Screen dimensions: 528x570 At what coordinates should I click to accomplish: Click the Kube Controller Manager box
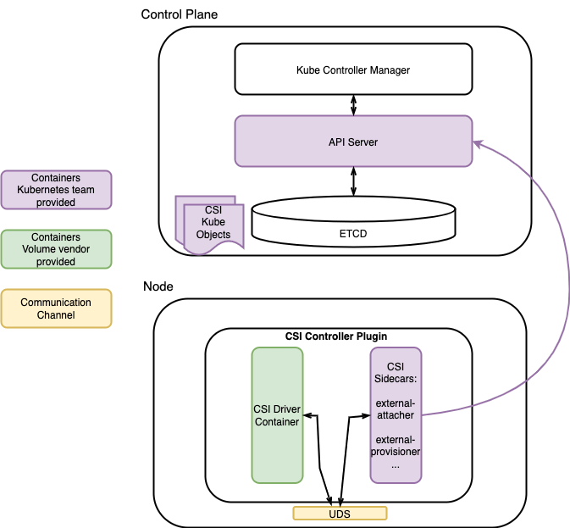[x=353, y=69]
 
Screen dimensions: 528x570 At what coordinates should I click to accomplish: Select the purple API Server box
[x=353, y=142]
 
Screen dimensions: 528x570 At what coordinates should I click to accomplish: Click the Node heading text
[x=158, y=286]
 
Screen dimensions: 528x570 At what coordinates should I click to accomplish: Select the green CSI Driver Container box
[x=277, y=415]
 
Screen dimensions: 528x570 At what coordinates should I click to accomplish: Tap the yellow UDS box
[x=340, y=514]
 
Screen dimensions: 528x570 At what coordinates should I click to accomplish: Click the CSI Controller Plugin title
[x=336, y=336]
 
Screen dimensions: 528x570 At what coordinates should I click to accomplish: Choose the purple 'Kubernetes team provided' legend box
[x=56, y=191]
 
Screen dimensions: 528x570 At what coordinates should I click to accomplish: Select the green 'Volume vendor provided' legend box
[x=56, y=250]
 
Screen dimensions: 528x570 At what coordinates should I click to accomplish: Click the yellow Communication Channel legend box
[x=56, y=308]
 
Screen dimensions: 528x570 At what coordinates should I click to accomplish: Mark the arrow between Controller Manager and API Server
[x=353, y=105]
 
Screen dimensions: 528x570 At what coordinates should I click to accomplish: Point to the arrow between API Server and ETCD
[x=353, y=181]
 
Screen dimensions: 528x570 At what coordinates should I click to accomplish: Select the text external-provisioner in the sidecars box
[x=396, y=446]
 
